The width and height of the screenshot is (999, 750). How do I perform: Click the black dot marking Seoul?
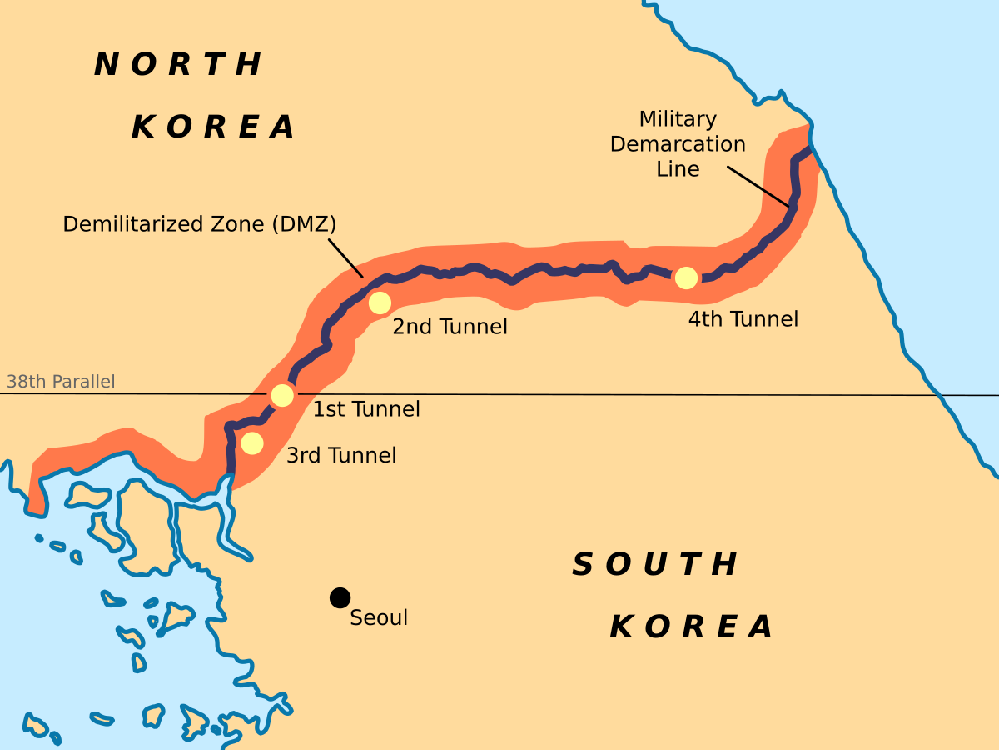tap(340, 597)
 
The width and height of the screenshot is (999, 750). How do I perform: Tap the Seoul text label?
tap(379, 618)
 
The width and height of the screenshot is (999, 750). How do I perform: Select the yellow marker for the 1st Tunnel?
tap(282, 395)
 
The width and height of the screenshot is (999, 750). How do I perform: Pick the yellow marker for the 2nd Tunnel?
tap(380, 302)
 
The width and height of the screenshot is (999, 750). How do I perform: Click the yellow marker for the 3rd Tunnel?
tap(252, 443)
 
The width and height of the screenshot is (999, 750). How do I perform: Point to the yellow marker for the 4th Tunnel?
tap(686, 278)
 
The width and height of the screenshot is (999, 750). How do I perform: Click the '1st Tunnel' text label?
tap(366, 409)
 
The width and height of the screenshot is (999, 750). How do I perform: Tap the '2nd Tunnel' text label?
tap(450, 327)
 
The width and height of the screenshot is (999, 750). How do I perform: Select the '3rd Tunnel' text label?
tap(341, 456)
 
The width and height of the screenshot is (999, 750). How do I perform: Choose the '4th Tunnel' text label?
tap(743, 319)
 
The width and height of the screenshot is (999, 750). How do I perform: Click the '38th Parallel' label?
tap(61, 382)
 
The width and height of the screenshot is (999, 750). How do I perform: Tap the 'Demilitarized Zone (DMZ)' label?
tap(200, 224)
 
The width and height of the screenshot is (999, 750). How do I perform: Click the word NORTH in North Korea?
tap(178, 65)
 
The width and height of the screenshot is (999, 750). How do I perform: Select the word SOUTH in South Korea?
tap(655, 565)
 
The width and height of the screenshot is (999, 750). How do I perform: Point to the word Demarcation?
tap(678, 144)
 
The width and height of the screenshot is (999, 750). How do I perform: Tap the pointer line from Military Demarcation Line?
tap(758, 185)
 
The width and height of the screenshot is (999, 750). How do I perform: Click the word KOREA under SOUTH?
tap(692, 627)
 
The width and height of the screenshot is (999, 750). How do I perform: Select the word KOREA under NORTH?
tap(213, 127)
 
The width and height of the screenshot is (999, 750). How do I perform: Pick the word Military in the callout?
tap(678, 119)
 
